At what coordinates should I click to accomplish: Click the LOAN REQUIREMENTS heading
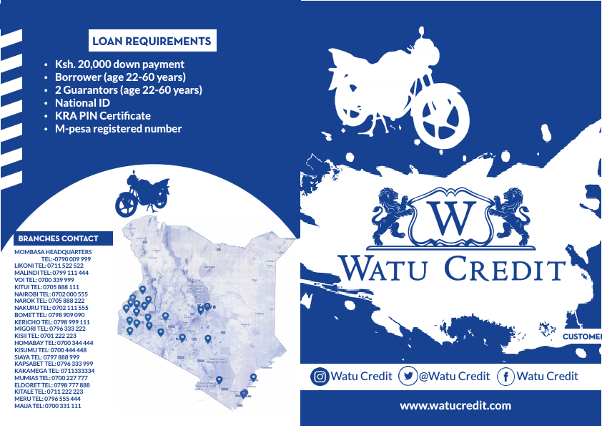(152, 41)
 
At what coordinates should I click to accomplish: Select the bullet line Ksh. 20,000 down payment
(119, 64)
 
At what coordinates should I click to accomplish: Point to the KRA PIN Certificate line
(102, 116)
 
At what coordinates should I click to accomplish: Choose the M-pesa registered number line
(118, 129)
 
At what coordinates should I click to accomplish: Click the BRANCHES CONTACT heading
(59, 238)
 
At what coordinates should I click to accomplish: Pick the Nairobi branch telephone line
(51, 294)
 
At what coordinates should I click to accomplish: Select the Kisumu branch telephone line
(50, 350)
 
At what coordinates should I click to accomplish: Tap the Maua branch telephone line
(48, 406)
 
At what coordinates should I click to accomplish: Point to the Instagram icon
(320, 377)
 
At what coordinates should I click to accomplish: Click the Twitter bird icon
(408, 377)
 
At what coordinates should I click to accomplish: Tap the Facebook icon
(505, 377)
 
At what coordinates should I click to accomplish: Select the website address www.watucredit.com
(455, 405)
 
